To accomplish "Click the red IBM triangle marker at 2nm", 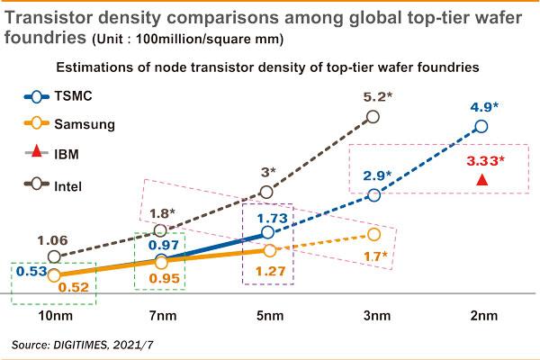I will [482, 180].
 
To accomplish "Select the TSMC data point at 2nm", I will [481, 127].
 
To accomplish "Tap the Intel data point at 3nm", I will [375, 116].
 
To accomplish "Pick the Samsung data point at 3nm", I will [374, 235].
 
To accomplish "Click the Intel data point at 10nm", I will [53, 256].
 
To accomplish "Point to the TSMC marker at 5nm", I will [267, 233].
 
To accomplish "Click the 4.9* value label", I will [483, 105].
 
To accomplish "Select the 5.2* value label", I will [376, 94].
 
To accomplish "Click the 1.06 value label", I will [52, 240].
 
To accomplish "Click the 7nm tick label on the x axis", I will [160, 318].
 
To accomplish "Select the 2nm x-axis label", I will [481, 318].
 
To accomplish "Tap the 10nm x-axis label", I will [53, 318].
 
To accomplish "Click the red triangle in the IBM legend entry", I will [36, 155].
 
